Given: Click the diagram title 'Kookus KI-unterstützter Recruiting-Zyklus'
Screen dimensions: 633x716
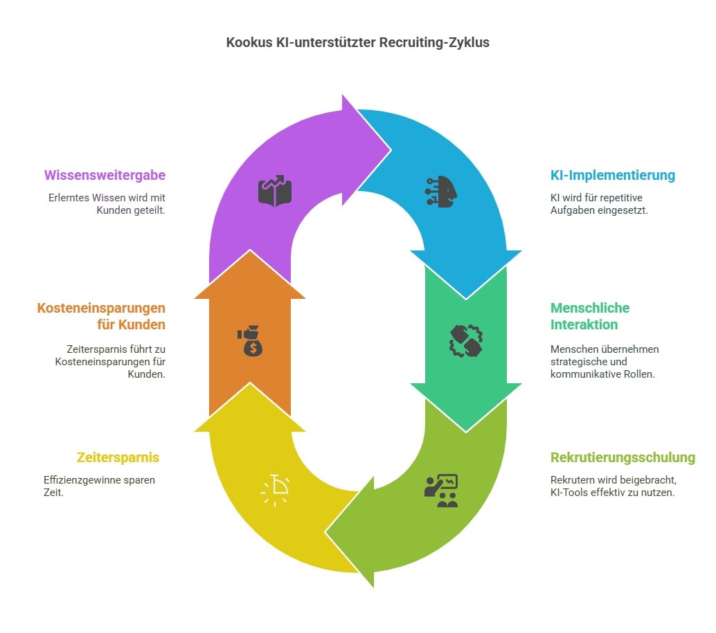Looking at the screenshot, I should pyautogui.click(x=357, y=42).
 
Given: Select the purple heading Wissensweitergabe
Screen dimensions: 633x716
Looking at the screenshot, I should pyautogui.click(x=105, y=175).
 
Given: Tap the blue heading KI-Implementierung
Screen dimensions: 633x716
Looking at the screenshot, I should pyautogui.click(x=612, y=175).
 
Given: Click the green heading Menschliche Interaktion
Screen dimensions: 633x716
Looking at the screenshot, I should pyautogui.click(x=590, y=316).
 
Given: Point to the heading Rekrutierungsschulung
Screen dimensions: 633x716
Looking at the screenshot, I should pyautogui.click(x=623, y=457).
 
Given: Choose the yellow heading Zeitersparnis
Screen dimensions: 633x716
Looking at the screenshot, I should pyautogui.click(x=118, y=457).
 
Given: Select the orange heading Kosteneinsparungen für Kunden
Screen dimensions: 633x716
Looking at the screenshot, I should pyautogui.click(x=101, y=316).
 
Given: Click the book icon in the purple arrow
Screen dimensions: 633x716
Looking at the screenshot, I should pyautogui.click(x=276, y=191).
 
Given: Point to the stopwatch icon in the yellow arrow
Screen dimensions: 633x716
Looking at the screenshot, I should pyautogui.click(x=276, y=490).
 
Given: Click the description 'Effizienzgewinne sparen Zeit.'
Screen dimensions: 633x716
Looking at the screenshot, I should pyautogui.click(x=99, y=486).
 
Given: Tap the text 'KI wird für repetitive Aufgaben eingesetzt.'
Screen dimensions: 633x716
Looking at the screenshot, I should pyautogui.click(x=598, y=203).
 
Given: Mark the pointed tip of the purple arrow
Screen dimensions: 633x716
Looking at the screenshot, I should pyautogui.click(x=391, y=148).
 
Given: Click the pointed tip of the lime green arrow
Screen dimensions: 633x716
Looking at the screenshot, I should pyautogui.click(x=326, y=533).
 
